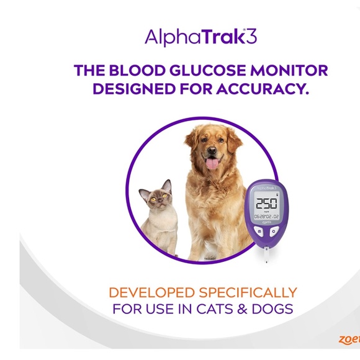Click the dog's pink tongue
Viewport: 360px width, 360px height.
point(212,164)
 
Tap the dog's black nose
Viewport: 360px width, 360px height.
point(212,151)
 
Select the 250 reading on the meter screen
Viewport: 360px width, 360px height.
point(266,203)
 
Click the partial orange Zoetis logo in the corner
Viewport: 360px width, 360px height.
point(349,339)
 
